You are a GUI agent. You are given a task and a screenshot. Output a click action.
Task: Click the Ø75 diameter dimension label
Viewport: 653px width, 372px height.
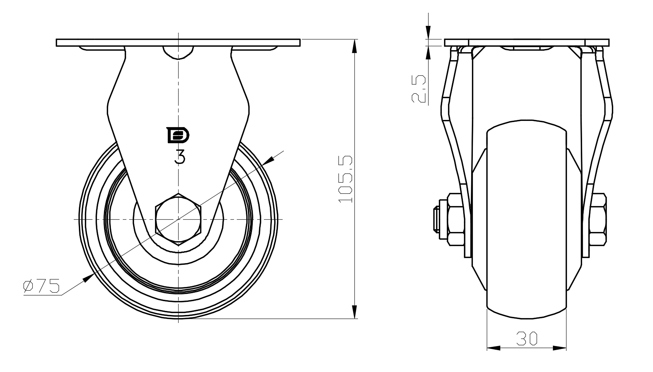(x=41, y=286)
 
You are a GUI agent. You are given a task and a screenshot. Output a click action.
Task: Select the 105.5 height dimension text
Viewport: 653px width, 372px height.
(x=346, y=179)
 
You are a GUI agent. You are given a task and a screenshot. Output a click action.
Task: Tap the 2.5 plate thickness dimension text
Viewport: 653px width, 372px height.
(x=419, y=89)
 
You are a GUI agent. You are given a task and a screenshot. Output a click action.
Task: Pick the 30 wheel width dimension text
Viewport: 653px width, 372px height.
(x=527, y=339)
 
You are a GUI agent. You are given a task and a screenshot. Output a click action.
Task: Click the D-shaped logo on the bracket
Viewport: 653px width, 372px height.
(x=177, y=135)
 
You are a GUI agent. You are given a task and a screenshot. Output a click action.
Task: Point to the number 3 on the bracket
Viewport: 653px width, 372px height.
(x=180, y=157)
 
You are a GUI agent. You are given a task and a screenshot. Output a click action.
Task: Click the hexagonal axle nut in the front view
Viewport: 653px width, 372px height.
(x=179, y=219)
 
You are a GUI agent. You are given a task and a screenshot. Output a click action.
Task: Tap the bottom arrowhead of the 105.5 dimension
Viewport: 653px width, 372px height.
(x=354, y=311)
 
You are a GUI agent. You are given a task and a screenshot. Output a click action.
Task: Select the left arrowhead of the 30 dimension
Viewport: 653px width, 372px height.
(x=494, y=348)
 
